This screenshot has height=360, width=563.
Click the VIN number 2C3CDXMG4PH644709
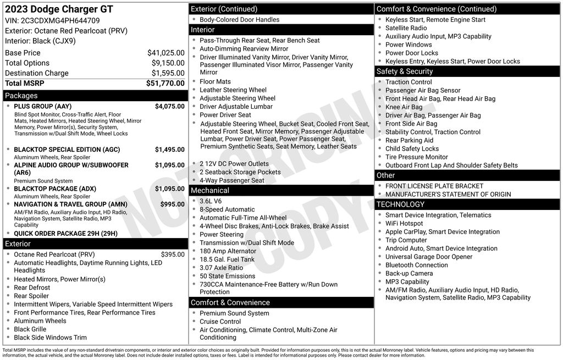click(x=60, y=20)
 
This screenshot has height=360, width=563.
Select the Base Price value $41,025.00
click(x=165, y=53)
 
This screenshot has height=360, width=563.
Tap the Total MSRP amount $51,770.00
click(x=165, y=83)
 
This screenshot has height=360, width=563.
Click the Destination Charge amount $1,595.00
click(x=168, y=73)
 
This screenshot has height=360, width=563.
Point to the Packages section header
click(x=21, y=96)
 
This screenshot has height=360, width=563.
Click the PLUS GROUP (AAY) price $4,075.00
click(x=169, y=106)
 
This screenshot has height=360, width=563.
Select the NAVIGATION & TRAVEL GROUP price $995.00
click(x=172, y=204)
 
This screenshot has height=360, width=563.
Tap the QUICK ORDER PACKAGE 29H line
click(x=65, y=233)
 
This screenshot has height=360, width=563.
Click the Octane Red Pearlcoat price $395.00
click(x=173, y=254)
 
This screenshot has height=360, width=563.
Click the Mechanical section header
click(x=210, y=190)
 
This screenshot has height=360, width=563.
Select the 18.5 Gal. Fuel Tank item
click(x=227, y=259)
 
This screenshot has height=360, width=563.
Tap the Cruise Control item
click(x=220, y=322)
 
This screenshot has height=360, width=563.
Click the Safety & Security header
click(x=405, y=71)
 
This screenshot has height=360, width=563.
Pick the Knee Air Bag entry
click(x=404, y=107)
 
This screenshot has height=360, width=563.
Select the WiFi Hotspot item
click(x=404, y=224)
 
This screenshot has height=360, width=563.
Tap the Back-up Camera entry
click(x=409, y=273)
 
